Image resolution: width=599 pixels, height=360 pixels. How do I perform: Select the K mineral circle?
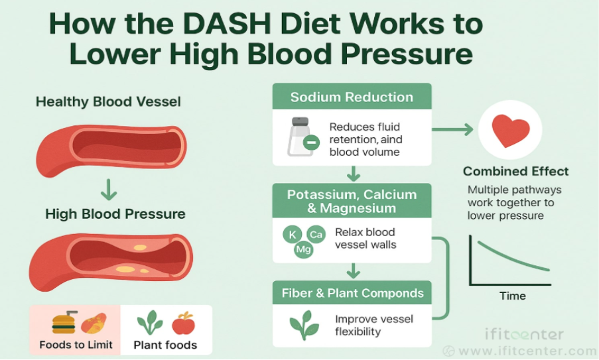point(293,233)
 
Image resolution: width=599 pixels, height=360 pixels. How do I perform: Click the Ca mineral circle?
point(316,234)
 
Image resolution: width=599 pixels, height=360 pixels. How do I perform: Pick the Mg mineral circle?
point(303,250)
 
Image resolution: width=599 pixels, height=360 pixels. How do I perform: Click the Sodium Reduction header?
point(352,97)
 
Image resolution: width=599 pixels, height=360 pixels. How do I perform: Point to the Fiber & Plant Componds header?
point(352,293)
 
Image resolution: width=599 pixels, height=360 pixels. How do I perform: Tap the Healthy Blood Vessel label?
point(108,102)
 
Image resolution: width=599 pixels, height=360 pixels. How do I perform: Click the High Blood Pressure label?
point(115,214)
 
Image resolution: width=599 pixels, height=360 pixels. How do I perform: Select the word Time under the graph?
point(512,296)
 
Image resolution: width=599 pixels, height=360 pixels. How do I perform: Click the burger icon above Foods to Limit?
point(64,323)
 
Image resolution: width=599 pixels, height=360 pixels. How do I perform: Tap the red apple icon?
point(184,324)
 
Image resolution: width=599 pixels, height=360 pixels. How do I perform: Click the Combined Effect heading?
point(515,171)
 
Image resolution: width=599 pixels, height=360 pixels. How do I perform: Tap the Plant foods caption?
point(165,345)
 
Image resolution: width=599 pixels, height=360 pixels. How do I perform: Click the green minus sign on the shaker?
point(310,142)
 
